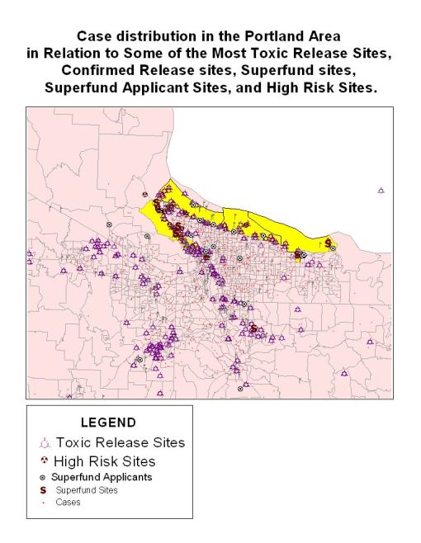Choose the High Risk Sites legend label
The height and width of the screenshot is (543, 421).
coord(104,461)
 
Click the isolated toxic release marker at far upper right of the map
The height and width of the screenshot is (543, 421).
coord(381,190)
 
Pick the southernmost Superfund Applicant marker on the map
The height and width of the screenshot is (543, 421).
coord(240,388)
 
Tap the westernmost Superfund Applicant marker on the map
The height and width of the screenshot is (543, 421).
coord(107,224)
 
